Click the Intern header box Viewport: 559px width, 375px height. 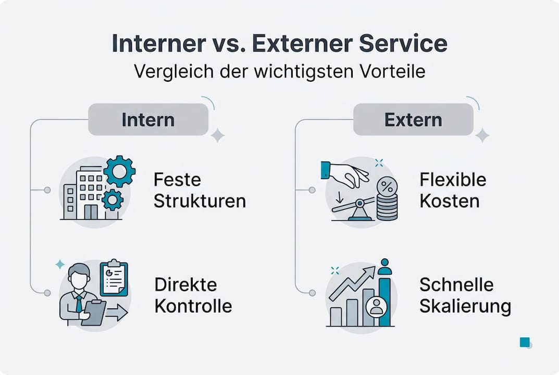coord(148,119)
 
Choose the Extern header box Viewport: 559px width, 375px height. coord(413,119)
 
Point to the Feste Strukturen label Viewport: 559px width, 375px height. coord(200,191)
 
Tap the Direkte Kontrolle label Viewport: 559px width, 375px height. coord(193,295)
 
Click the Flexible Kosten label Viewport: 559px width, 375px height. coord(453,191)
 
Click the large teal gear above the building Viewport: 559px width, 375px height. coord(119,171)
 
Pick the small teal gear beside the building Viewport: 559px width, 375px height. coord(113,199)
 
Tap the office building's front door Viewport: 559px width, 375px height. coord(90,211)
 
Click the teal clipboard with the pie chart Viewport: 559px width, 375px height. coord(113,279)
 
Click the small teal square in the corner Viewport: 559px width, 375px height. coord(525,342)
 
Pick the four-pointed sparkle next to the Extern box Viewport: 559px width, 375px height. coord(482,135)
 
